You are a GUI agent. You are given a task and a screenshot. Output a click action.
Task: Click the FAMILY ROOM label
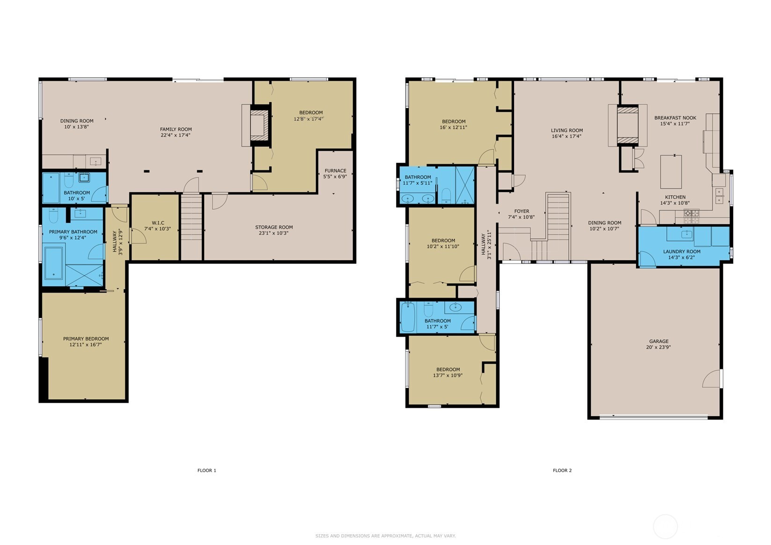176,129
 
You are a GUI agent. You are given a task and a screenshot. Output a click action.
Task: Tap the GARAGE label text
659,341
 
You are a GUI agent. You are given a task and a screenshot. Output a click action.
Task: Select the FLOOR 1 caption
207,470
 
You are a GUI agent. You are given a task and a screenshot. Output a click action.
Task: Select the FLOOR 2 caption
562,470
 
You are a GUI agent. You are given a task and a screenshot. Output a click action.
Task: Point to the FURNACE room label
335,170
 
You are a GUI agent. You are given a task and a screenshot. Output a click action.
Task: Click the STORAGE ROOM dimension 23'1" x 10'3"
274,233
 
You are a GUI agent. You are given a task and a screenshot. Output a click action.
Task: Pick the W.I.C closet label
158,223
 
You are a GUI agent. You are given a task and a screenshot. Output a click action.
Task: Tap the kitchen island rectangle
671,172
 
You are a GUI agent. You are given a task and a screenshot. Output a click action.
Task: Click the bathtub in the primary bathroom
54,263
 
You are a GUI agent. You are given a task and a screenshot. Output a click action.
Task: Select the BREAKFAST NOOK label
675,118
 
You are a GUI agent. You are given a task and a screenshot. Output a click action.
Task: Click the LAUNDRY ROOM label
682,251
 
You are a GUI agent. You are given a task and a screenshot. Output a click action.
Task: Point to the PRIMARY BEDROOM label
86,339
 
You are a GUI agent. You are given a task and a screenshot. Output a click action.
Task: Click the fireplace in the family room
259,125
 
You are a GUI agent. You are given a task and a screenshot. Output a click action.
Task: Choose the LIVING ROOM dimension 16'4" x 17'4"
566,136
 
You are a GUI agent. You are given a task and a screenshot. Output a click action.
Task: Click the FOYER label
521,211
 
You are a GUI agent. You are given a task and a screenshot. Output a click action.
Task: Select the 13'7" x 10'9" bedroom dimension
448,375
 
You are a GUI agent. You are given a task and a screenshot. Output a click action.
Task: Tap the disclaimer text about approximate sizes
386,536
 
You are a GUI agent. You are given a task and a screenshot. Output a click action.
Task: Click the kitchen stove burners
691,216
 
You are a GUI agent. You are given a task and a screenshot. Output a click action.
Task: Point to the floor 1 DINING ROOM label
77,121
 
